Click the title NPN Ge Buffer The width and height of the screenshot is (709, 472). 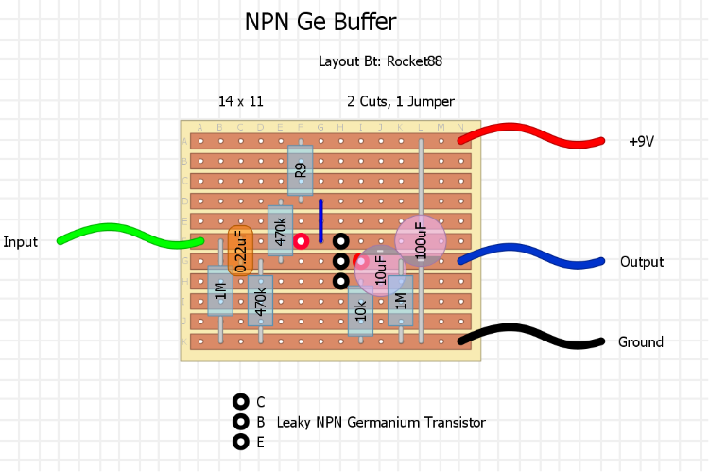point(320,22)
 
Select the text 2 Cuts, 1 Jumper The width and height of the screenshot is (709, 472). point(400,101)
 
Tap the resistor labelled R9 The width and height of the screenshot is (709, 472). point(300,170)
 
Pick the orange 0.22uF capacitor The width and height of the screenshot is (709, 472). point(240,250)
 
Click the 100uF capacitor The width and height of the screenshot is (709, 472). point(421,240)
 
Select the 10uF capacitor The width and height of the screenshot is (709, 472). point(380,271)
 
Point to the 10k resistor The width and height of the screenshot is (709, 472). point(359,309)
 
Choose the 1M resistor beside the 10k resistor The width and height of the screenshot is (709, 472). point(400,301)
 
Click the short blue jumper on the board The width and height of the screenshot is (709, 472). point(320,220)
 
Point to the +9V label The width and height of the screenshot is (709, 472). point(641,142)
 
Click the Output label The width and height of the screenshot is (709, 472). point(641,262)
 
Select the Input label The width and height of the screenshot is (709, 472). point(20,242)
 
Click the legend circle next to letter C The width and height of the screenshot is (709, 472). point(240,402)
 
